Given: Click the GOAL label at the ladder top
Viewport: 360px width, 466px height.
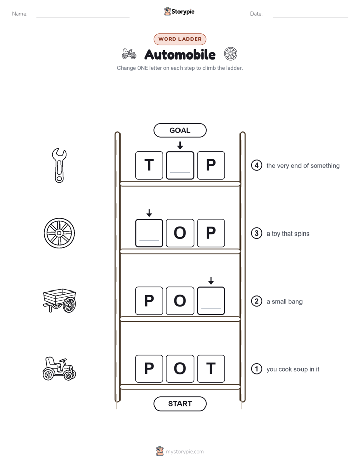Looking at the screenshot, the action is [180, 130].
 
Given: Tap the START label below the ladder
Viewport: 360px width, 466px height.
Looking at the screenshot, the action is [180, 404].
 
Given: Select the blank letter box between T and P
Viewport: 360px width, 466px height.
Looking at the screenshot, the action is [180, 165].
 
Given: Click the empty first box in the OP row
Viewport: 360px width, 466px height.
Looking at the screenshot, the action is [149, 233].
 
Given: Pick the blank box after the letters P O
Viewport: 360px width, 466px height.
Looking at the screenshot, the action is [211, 301].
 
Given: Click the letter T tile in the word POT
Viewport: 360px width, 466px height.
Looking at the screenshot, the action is [211, 369].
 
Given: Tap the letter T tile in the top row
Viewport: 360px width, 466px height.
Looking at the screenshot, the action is [149, 165].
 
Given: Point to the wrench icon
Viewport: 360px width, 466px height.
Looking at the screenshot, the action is [59, 165].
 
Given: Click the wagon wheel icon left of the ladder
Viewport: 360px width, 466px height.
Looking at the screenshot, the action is [59, 233].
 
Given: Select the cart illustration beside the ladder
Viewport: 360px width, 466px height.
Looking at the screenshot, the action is [59, 301].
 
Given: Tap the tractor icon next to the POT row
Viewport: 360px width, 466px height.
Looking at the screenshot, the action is [59, 369].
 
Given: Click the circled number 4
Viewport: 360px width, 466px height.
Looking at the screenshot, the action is [256, 165].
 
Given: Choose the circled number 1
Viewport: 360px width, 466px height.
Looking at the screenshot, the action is [256, 369].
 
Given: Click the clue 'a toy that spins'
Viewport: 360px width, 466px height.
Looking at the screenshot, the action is [288, 234].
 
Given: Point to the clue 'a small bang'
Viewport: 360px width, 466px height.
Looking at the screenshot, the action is [284, 302].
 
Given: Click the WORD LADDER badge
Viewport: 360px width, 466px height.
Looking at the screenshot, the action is [180, 39].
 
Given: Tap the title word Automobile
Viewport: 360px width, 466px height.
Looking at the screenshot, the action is [180, 54].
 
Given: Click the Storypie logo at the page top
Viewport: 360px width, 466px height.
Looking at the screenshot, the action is [179, 11].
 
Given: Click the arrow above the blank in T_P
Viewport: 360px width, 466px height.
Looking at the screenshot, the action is [180, 145].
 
